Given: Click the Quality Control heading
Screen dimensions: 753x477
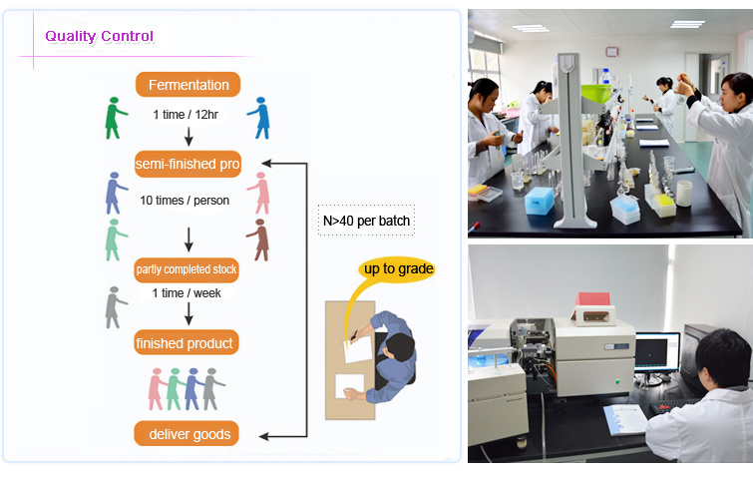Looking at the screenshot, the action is coord(100,36).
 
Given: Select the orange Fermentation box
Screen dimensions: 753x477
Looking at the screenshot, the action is coord(188,85).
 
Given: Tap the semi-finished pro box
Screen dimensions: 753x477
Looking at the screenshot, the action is coord(188,164).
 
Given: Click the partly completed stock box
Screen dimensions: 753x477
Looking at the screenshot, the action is coord(187,269).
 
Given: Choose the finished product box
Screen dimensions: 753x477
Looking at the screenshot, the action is coord(187,342).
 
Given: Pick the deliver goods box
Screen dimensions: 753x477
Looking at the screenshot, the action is coord(187,434).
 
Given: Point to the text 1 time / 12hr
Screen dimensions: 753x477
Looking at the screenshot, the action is coord(186,115).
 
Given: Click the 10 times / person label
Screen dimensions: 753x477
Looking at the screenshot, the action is coord(185,201).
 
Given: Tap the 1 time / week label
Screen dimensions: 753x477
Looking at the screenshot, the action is coord(187,293).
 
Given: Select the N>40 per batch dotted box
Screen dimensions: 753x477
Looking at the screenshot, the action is coord(366,221).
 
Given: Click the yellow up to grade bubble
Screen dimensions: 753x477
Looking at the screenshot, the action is coord(397,269).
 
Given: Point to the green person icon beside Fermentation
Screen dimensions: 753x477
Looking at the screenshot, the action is coord(116,118).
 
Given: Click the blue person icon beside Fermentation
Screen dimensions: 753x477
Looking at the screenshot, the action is coord(259,118).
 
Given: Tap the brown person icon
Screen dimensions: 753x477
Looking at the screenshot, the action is coord(259,240).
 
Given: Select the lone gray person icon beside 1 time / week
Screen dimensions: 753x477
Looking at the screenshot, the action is coord(116,308).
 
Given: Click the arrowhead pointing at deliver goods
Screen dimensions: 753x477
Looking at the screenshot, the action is coord(263,436).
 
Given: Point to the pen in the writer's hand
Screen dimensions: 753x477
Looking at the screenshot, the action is coord(353,335).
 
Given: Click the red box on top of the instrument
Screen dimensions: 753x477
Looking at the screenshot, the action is coord(592,298).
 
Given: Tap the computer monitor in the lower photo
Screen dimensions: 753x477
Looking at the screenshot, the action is coord(657,352).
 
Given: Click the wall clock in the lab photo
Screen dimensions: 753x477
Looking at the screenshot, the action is coord(611,52).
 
